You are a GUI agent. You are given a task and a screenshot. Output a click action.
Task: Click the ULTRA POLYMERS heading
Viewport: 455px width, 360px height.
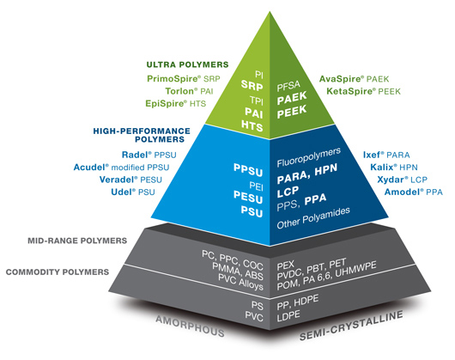click(187, 64)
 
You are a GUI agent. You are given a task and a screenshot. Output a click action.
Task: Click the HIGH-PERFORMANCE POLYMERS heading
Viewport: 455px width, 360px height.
click(142, 135)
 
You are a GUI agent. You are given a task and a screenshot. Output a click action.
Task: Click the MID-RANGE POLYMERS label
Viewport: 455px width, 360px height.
click(77, 241)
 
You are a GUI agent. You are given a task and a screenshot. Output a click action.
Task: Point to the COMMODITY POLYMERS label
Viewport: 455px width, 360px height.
click(58, 272)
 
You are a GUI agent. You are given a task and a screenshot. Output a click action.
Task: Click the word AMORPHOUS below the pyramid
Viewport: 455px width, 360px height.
click(190, 326)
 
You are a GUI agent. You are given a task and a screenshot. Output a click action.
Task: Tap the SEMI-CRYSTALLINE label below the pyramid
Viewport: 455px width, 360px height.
click(351, 326)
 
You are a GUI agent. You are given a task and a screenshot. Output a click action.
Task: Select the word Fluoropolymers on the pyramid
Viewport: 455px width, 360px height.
click(309, 157)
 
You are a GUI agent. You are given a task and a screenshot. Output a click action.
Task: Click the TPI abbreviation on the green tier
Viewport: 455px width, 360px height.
click(257, 101)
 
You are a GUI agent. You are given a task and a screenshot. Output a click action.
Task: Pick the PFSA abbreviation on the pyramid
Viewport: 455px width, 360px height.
click(288, 86)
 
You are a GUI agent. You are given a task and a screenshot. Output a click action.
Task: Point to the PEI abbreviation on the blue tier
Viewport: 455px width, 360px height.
click(256, 186)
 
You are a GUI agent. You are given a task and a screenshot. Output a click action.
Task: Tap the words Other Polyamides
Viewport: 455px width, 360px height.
click(313, 218)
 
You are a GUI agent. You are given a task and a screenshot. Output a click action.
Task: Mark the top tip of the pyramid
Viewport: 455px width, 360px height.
click(270, 12)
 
